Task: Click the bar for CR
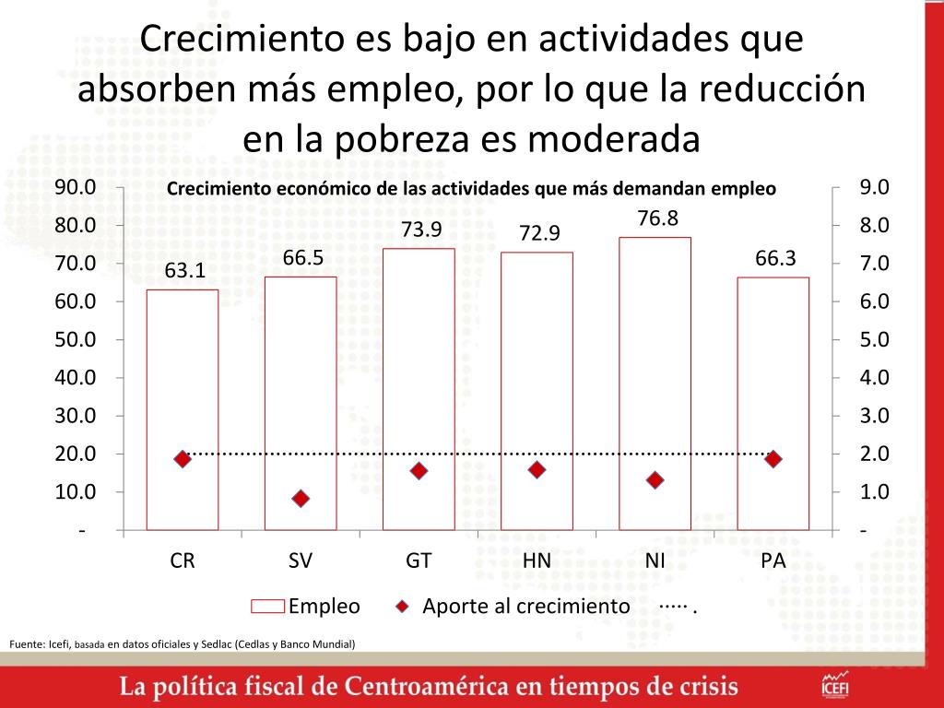(183, 409)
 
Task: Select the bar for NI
(655, 383)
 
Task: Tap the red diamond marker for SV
(301, 499)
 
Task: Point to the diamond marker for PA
(773, 459)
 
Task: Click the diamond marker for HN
(537, 470)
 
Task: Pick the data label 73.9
(419, 230)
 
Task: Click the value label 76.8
(657, 218)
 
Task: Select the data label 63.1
(184, 271)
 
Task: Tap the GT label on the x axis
(419, 560)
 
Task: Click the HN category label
(537, 560)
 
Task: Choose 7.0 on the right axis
(874, 264)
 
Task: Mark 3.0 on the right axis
(874, 416)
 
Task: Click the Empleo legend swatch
(267, 607)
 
